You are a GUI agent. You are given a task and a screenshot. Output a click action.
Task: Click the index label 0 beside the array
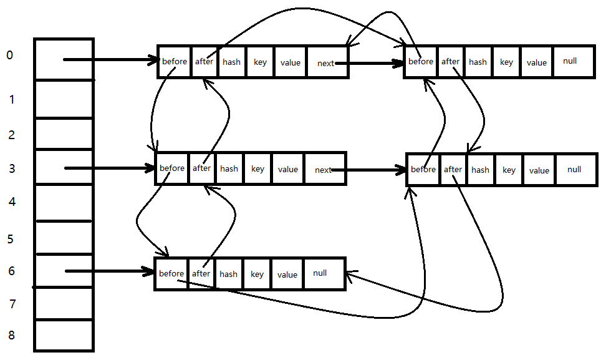pyautogui.click(x=9, y=56)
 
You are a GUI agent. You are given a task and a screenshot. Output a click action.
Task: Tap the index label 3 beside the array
pyautogui.click(x=12, y=168)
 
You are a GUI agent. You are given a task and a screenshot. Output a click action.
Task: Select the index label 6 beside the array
pyautogui.click(x=12, y=271)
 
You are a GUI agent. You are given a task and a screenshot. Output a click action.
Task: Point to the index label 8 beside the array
pyautogui.click(x=12, y=335)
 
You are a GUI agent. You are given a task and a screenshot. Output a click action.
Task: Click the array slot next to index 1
pyautogui.click(x=64, y=99)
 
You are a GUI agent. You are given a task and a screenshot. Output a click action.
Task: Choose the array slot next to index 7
pyautogui.click(x=64, y=304)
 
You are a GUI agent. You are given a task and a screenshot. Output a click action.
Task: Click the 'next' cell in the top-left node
pyautogui.click(x=327, y=62)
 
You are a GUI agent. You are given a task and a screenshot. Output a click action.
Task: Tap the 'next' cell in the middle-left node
pyautogui.click(x=325, y=169)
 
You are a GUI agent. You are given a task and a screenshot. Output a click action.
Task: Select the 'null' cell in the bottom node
pyautogui.click(x=324, y=274)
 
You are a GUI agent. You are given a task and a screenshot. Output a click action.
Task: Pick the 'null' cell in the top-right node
pyautogui.click(x=574, y=62)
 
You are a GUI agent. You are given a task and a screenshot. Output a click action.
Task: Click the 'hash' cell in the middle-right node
pyautogui.click(x=481, y=170)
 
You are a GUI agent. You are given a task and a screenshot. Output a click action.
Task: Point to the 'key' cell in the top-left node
pyautogui.click(x=260, y=62)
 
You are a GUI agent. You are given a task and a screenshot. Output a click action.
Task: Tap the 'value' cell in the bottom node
pyautogui.click(x=287, y=274)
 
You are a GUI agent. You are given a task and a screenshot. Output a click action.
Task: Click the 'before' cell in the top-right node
pyautogui.click(x=420, y=62)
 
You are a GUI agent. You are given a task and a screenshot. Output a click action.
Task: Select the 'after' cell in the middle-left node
pyautogui.click(x=202, y=168)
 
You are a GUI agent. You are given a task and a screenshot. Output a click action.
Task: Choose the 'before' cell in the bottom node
pyautogui.click(x=171, y=274)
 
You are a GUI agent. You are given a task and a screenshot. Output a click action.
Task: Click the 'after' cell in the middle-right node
pyautogui.click(x=453, y=170)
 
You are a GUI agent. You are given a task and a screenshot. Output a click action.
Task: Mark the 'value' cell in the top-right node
pyautogui.click(x=537, y=62)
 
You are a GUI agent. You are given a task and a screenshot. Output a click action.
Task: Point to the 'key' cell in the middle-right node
pyautogui.click(x=509, y=170)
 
